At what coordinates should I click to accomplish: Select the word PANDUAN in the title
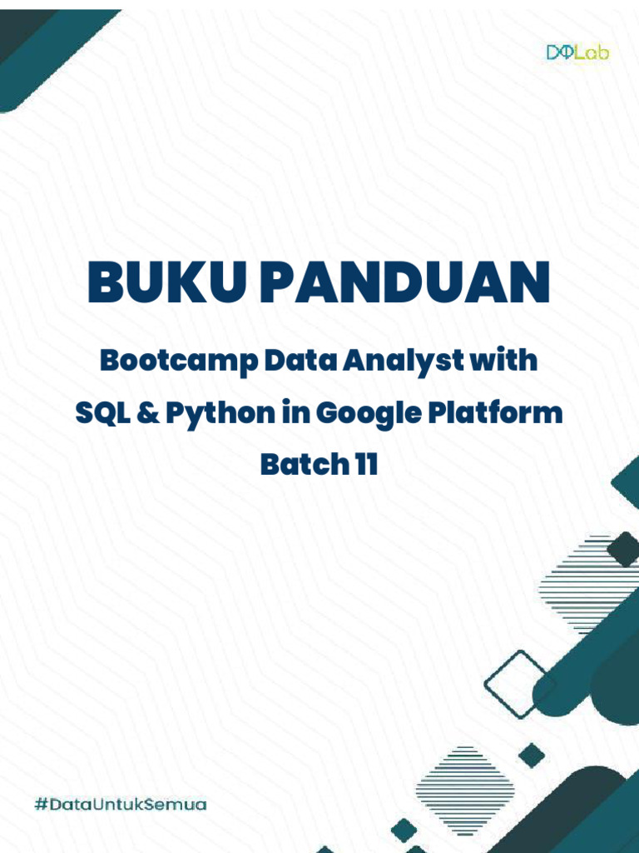point(404,282)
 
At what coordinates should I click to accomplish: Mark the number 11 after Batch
point(365,464)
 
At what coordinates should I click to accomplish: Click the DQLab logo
point(577,52)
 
